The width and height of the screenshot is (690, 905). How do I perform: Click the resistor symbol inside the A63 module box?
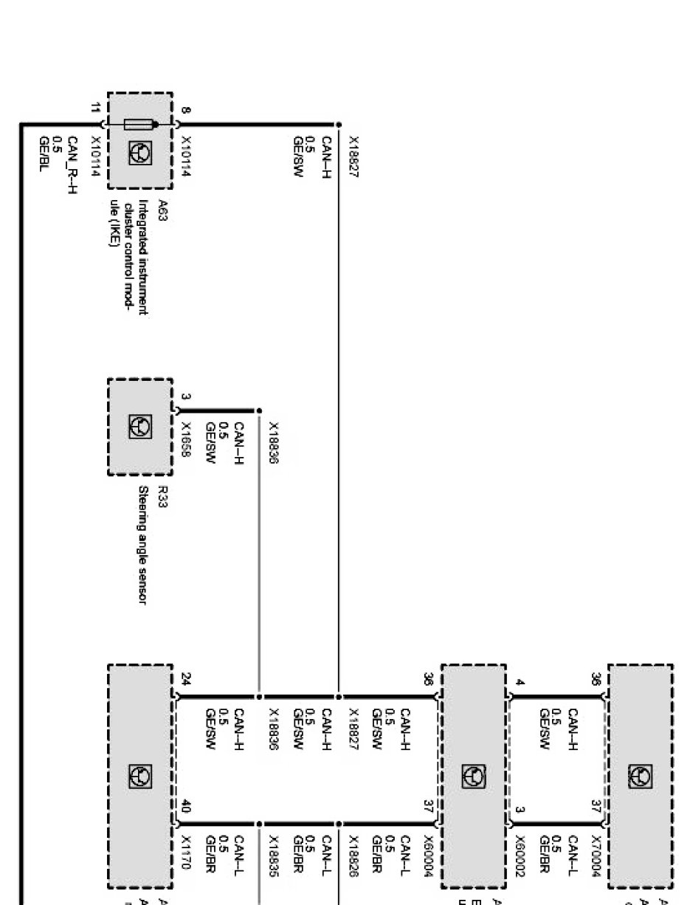tap(140, 125)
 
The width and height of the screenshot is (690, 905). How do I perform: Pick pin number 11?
tap(94, 109)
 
